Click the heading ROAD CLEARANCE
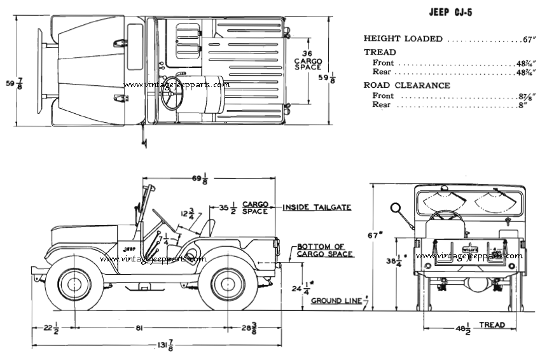(398, 85)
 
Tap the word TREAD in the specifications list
(380, 52)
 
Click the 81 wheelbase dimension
(138, 328)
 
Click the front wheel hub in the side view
(74, 284)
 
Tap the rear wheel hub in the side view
(228, 284)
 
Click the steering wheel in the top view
(172, 94)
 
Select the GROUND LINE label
(336, 300)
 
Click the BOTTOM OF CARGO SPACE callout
(324, 250)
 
